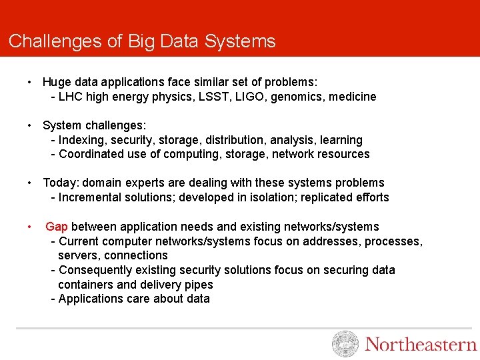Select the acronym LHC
71,97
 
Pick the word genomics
297,97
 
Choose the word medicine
353,97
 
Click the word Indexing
83,141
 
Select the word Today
60,183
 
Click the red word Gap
57,227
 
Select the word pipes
199,285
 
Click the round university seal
345,344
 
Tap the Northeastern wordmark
421,345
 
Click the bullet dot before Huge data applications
31,82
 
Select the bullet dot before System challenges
31,125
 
